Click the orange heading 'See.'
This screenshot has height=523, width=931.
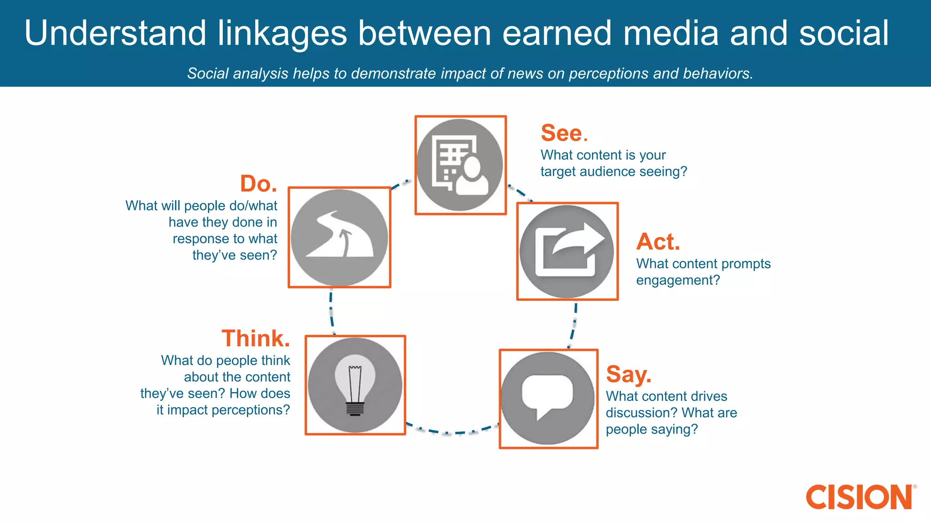tap(564, 133)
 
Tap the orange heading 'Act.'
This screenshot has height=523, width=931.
tap(658, 242)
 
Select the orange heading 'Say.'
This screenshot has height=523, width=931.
tap(628, 375)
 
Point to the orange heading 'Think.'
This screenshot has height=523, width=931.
tap(255, 339)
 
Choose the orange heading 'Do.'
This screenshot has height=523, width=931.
tap(258, 184)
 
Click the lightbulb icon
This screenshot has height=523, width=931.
tap(355, 385)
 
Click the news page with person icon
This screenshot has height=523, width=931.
tap(460, 165)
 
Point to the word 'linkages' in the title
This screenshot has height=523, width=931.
tap(282, 34)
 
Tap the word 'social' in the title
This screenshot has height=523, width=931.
tap(843, 34)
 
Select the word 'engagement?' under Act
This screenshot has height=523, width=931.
tap(678, 281)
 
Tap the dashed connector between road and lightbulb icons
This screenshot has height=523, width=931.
tap(331, 311)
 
